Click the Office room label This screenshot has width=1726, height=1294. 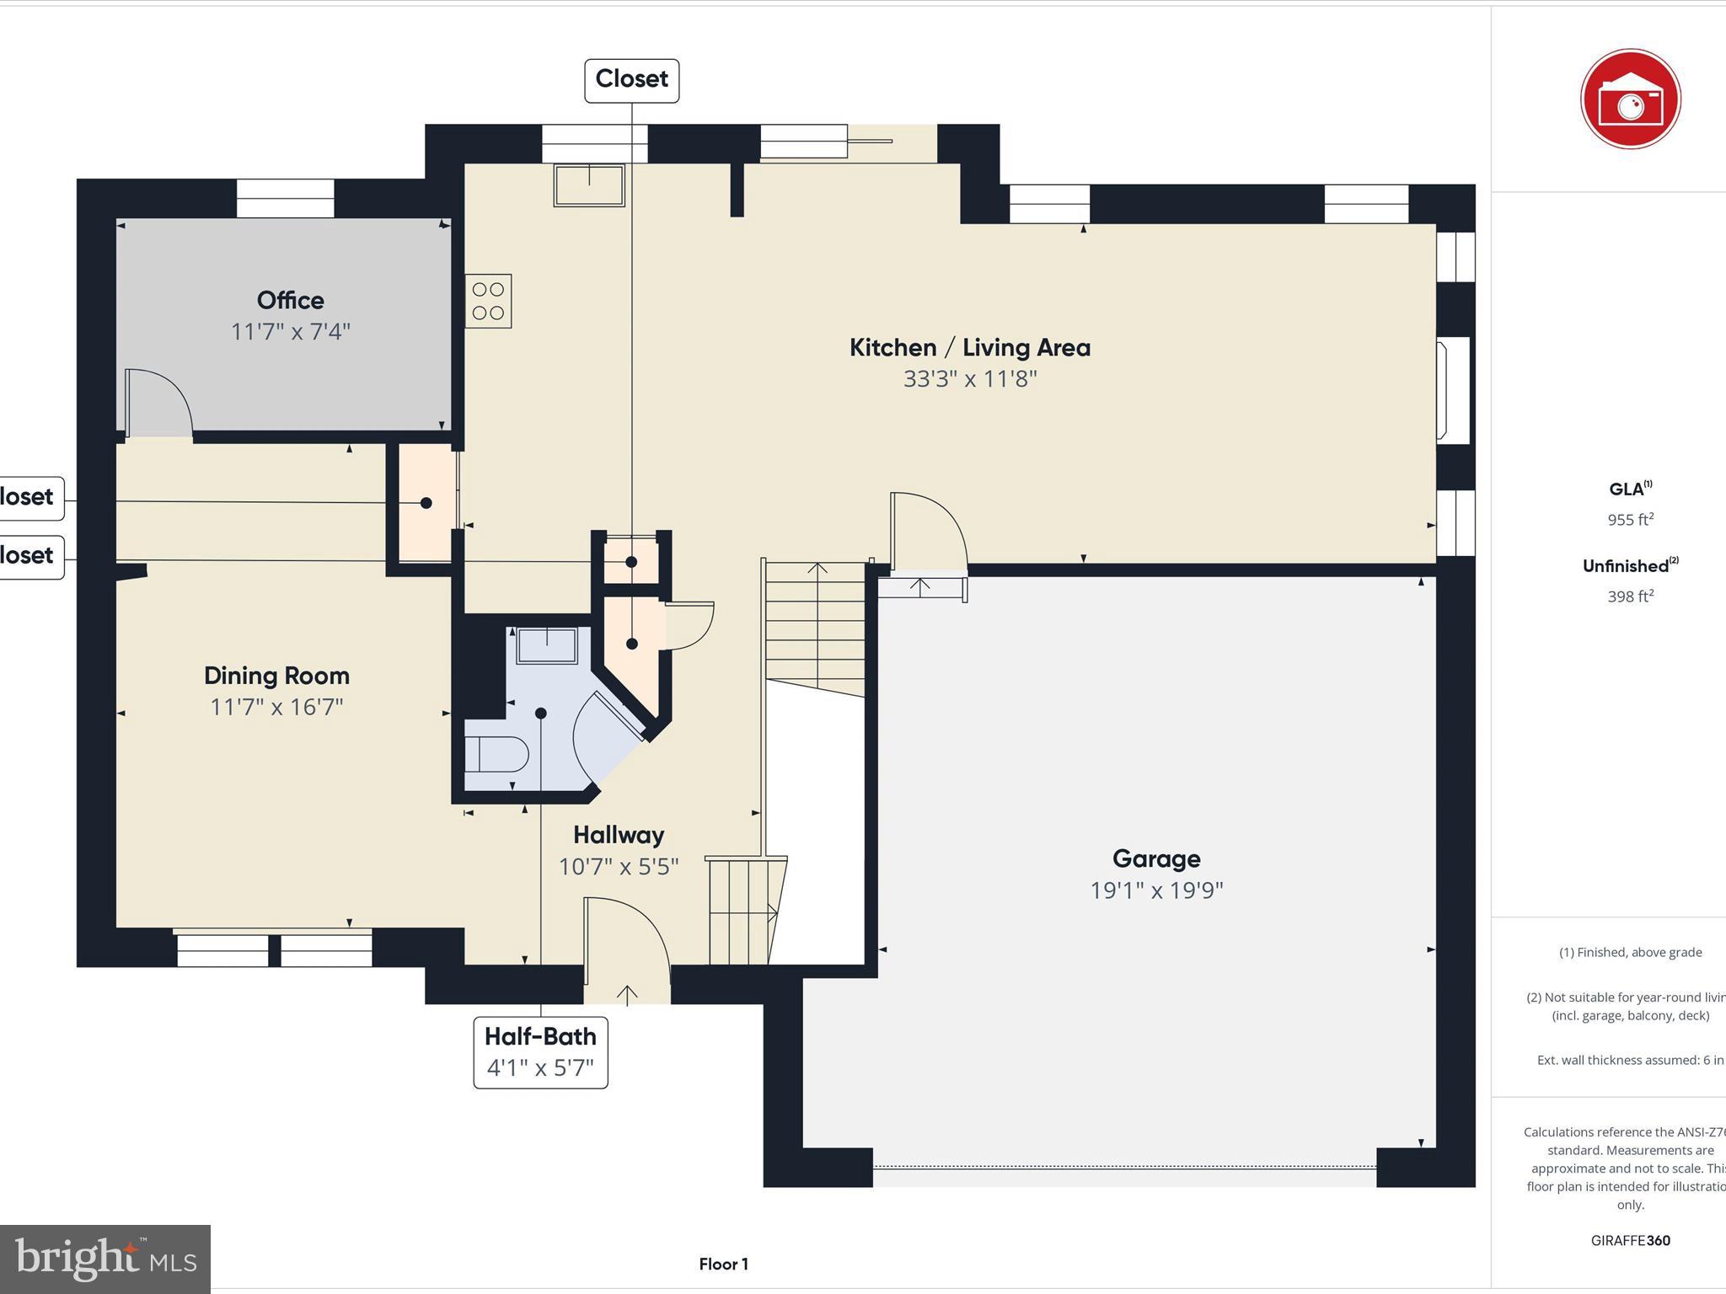[290, 301]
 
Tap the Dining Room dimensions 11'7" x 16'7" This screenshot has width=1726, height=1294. [276, 707]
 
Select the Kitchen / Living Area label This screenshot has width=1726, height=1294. [969, 348]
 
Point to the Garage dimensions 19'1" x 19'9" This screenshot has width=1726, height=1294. [1156, 890]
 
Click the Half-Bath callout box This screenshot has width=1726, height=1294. [540, 1052]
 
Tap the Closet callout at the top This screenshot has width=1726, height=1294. [631, 80]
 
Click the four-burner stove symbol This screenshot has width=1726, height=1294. [488, 301]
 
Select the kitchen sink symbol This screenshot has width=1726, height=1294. [589, 184]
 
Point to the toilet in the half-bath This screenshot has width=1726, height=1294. [496, 754]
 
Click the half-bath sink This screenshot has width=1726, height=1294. [547, 646]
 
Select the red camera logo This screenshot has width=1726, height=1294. [1630, 99]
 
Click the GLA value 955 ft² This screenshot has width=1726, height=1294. [1630, 520]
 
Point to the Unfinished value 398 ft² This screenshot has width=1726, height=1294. [1630, 596]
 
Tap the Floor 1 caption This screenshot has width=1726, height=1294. [723, 1264]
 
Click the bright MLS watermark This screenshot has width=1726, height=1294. [105, 1259]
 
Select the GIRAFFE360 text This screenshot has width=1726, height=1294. [1630, 1240]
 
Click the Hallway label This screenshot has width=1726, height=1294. [619, 835]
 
